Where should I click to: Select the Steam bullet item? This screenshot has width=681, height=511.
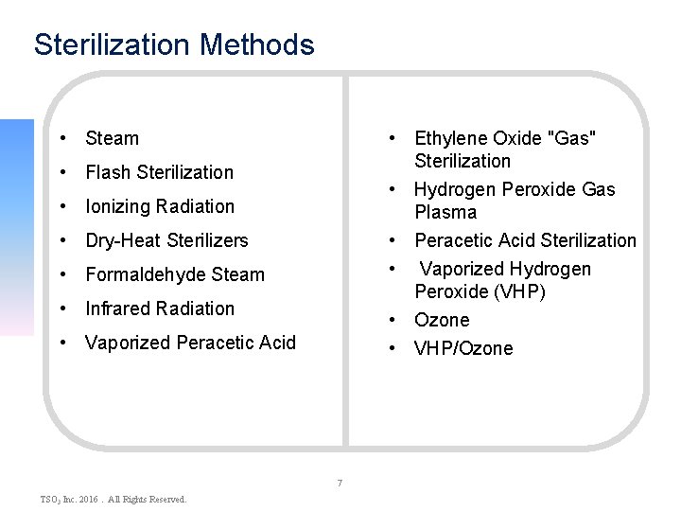(112, 138)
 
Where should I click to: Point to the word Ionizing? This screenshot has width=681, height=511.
(117, 206)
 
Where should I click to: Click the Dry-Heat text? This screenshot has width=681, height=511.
(123, 240)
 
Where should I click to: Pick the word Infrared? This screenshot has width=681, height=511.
(116, 308)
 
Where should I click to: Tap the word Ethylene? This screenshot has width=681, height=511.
(450, 138)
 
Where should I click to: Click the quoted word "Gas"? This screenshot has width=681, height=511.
(572, 138)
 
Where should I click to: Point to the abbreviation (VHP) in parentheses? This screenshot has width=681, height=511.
(512, 291)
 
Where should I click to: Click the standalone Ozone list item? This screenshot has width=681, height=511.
(442, 320)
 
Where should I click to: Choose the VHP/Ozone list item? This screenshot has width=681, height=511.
(463, 348)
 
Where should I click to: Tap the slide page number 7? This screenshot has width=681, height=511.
(340, 484)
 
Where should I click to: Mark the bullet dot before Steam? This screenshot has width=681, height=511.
(61, 138)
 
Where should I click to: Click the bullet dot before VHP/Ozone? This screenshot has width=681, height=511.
(392, 348)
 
